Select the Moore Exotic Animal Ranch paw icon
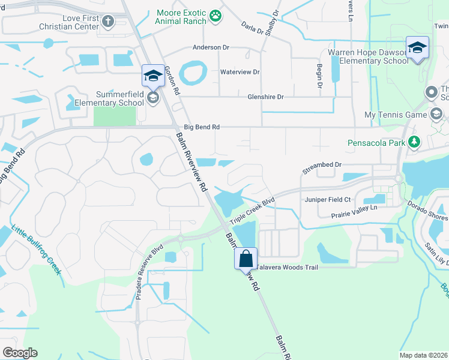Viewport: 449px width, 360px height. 215,16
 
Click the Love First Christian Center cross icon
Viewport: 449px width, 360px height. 108,22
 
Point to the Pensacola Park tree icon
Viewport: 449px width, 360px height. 414,142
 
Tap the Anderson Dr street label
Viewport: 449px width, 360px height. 211,47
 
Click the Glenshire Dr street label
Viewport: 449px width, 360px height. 265,97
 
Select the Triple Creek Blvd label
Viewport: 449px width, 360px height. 252,211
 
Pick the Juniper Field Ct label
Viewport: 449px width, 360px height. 327,199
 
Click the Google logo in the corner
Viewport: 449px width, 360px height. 20,353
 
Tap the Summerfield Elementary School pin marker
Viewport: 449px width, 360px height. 152,76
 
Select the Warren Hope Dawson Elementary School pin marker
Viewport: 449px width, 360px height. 417,48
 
